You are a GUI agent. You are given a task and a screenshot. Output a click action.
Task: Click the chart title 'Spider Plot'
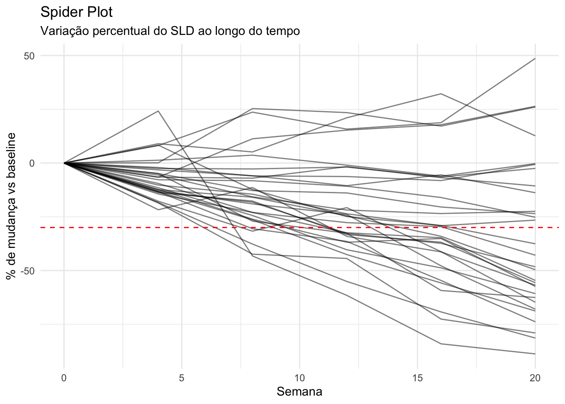pos(76,12)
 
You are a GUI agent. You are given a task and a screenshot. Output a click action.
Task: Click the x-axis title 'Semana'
pos(299,392)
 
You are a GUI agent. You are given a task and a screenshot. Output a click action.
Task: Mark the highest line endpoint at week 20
pos(535,58)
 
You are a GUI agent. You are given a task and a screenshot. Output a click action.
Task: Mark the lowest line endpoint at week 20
pos(535,354)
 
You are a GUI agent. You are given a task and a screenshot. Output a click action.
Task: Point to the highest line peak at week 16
pos(441,94)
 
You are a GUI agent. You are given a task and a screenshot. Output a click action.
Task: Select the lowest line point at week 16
pos(441,344)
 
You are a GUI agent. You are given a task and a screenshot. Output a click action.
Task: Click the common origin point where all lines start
pos(64,163)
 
